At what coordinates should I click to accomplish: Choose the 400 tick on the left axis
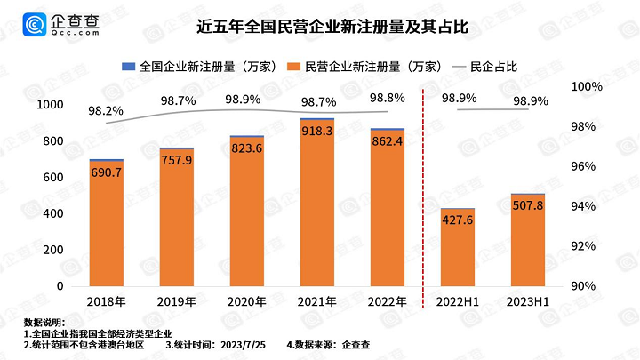click(x=54, y=214)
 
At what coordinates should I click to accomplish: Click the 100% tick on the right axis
click(x=588, y=87)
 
